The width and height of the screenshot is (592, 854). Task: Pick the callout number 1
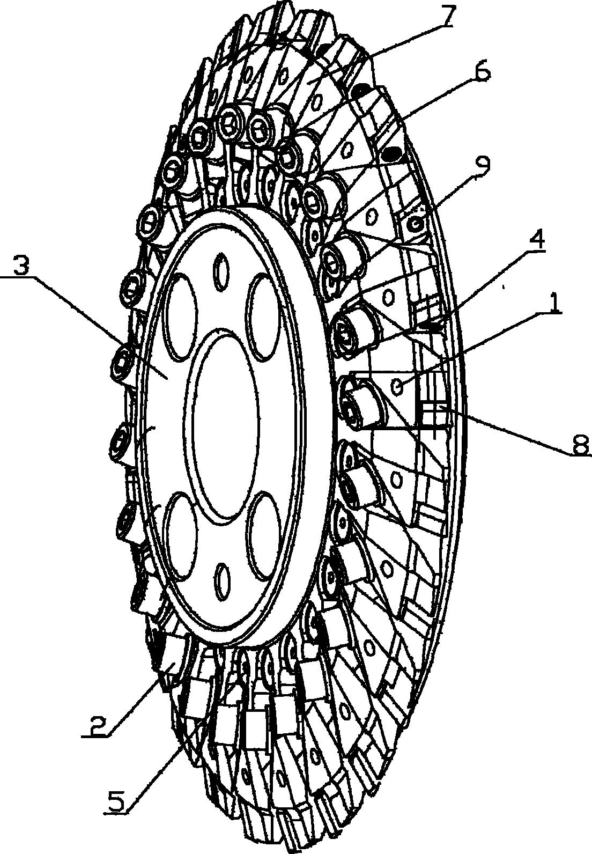tap(551, 303)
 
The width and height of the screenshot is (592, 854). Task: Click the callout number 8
tap(580, 444)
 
